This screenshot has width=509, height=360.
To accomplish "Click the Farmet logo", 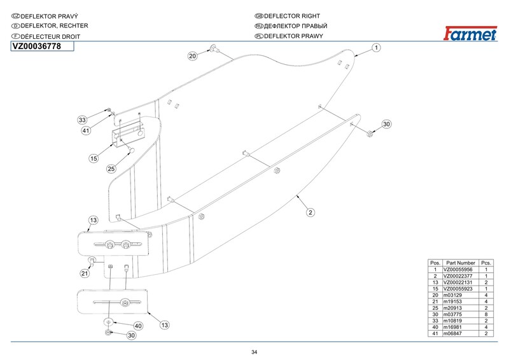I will pyautogui.click(x=469, y=34).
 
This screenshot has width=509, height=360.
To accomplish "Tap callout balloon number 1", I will pyautogui.click(x=376, y=48).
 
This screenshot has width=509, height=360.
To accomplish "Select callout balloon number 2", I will pyautogui.click(x=310, y=212).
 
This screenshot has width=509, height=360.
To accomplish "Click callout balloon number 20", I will pyautogui.click(x=193, y=56).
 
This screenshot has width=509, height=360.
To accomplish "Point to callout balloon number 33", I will pyautogui.click(x=82, y=120).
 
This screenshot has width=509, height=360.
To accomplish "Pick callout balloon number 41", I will pyautogui.click(x=86, y=130).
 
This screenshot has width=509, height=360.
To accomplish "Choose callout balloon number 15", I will pyautogui.click(x=94, y=158).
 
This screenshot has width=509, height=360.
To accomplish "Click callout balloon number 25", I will pyautogui.click(x=111, y=169).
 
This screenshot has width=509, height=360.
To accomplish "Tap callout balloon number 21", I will pyautogui.click(x=83, y=273).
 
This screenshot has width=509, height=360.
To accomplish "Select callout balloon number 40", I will pyautogui.click(x=138, y=326).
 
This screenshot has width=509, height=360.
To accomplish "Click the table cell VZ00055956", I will pyautogui.click(x=461, y=270).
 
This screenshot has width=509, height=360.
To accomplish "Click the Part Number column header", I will pyautogui.click(x=461, y=263).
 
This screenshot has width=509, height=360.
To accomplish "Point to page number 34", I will pyautogui.click(x=254, y=352).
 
